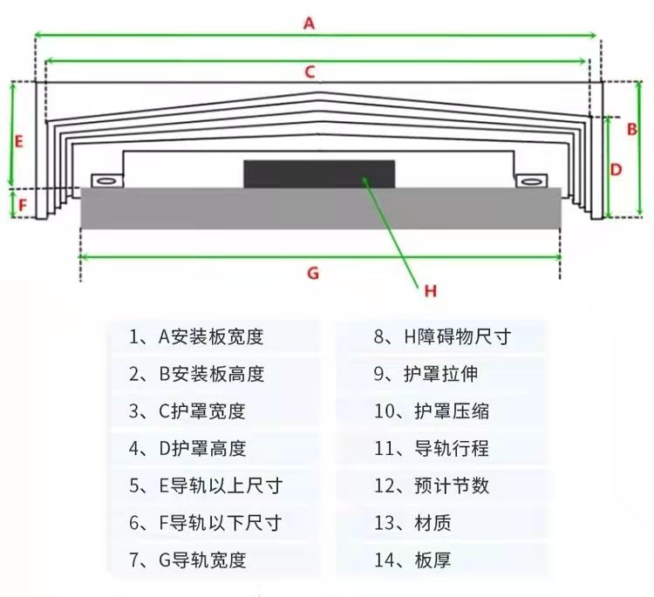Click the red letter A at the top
pyautogui.click(x=308, y=24)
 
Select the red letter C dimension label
pyautogui.click(x=309, y=72)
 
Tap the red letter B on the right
pyautogui.click(x=632, y=128)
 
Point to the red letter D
pyautogui.click(x=616, y=170)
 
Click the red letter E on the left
pyautogui.click(x=19, y=139)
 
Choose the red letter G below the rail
pyautogui.click(x=313, y=273)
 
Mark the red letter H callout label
pyautogui.click(x=430, y=291)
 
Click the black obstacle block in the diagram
pyautogui.click(x=319, y=173)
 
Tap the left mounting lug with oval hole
pyautogui.click(x=106, y=180)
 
